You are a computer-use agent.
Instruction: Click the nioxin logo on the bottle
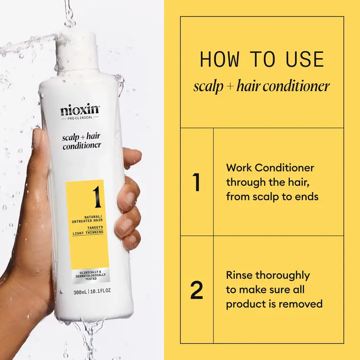(79, 110)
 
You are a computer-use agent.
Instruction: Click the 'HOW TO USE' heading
(262, 60)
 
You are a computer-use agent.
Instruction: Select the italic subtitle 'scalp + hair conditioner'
(262, 86)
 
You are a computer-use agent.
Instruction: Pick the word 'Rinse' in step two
(240, 276)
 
